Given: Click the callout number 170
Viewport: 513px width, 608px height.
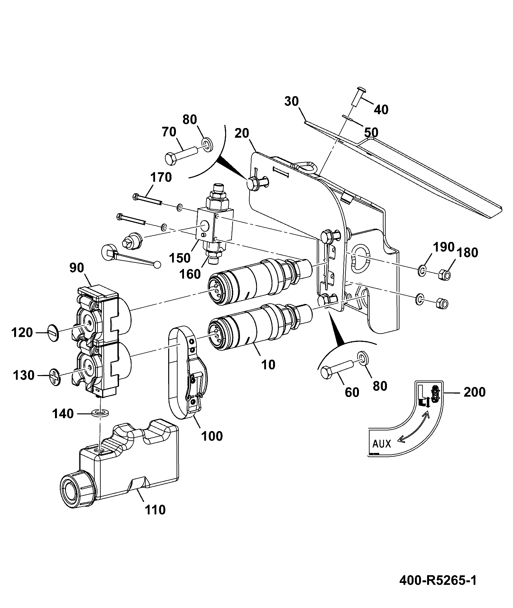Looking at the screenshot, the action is coord(161,177).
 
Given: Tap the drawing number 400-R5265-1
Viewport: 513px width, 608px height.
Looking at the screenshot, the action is coord(438,581).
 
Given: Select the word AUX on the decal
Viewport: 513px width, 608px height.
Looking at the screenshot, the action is coord(381,444).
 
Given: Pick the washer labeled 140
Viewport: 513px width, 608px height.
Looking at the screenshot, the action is coord(100,412).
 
